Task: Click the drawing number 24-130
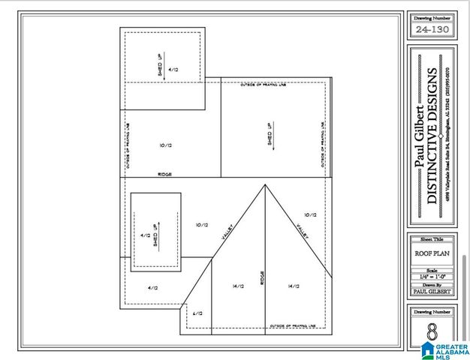click(432, 30)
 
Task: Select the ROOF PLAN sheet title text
click(432, 253)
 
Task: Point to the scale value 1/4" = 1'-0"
click(432, 276)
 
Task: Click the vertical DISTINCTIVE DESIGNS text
click(432, 136)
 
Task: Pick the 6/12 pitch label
click(197, 313)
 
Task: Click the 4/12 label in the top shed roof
click(173, 69)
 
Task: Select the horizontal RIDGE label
click(165, 174)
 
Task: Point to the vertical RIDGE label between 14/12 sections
click(262, 279)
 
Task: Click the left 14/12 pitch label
click(239, 286)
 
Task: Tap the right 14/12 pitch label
click(294, 286)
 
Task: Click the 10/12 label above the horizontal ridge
click(166, 145)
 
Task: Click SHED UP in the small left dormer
click(156, 235)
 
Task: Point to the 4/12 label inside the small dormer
click(146, 235)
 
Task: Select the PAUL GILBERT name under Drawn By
click(432, 292)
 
